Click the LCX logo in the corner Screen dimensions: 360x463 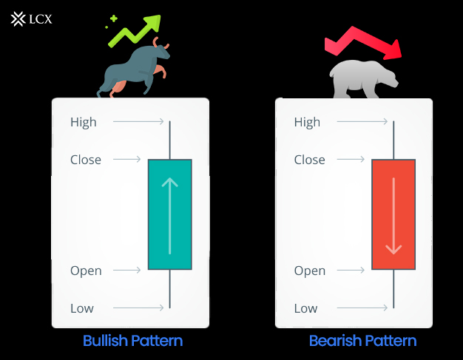tap(31, 18)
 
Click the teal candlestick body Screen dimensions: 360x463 tap(169, 214)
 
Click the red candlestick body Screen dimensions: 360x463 tap(393, 214)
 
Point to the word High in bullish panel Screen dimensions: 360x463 tap(84, 122)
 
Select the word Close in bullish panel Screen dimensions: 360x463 tap(86, 160)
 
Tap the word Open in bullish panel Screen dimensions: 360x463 tap(86, 271)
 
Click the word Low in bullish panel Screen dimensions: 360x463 tap(82, 308)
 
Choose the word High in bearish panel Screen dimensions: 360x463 tap(307, 122)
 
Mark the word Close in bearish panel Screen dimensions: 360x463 tap(309, 160)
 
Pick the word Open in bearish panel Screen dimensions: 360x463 tap(310, 271)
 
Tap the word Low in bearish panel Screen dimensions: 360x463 tap(305, 308)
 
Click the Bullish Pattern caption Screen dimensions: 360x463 tap(132, 341)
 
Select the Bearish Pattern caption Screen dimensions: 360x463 tap(362, 341)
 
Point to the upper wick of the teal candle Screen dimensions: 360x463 tap(170, 140)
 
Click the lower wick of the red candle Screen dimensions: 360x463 tap(393, 289)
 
